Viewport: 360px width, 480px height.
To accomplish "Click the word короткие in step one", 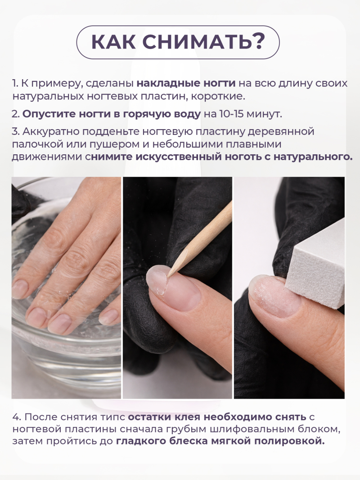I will coord(222,96).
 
